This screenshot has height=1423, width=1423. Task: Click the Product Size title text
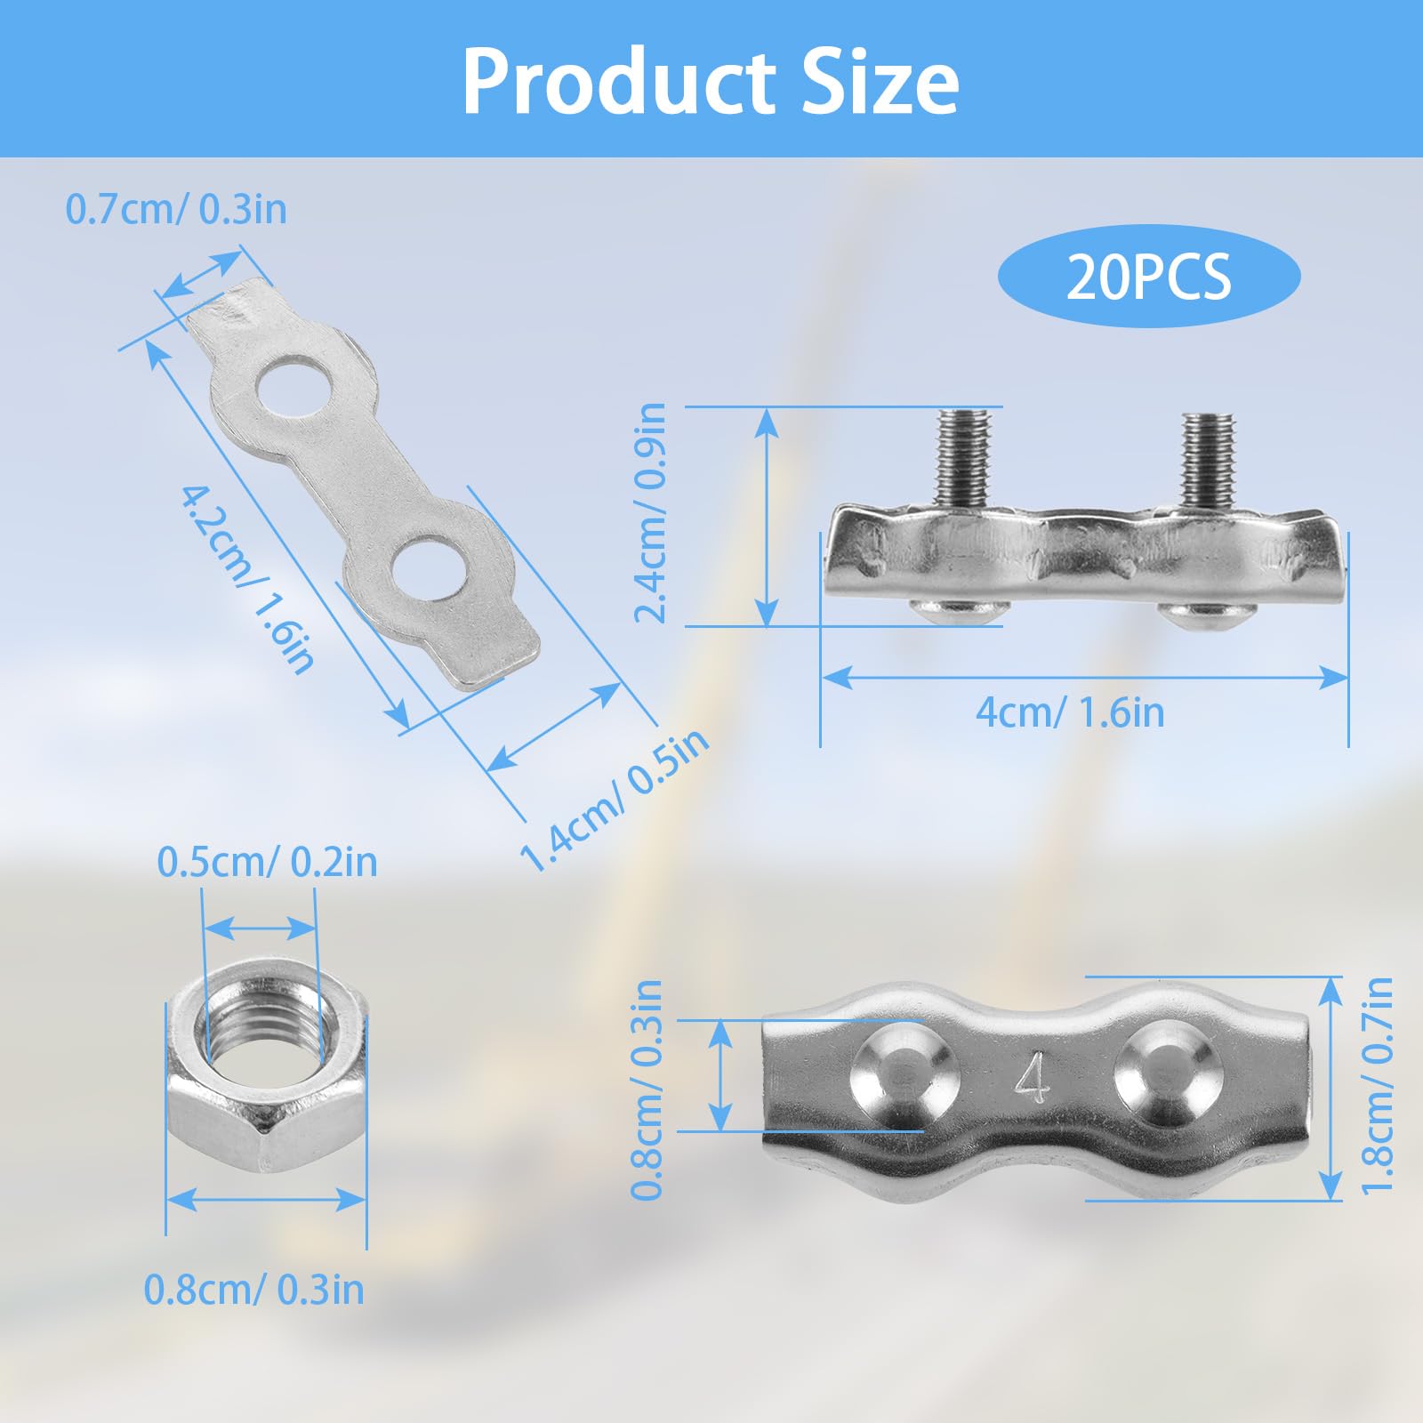click(x=710, y=82)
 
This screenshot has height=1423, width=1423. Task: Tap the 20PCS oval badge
click(x=1148, y=276)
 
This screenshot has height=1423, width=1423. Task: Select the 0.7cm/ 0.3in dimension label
click(x=176, y=210)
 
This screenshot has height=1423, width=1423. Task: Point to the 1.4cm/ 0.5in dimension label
click(x=614, y=800)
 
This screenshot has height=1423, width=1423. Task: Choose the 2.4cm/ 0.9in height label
click(x=650, y=513)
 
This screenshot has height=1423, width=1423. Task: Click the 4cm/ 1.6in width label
click(x=1070, y=712)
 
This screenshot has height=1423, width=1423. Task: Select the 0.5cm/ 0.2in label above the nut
click(x=267, y=862)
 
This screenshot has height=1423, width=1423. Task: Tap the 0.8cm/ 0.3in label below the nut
click(x=253, y=1290)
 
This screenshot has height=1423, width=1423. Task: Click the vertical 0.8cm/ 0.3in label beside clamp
click(x=647, y=1089)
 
